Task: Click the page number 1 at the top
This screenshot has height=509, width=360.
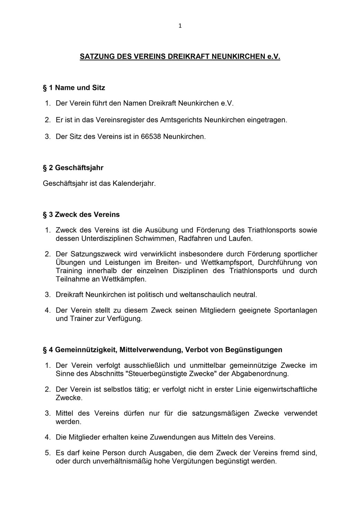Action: [180, 25]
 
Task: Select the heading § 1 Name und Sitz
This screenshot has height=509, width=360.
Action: [74, 88]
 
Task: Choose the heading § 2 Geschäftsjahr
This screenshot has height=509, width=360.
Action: [73, 168]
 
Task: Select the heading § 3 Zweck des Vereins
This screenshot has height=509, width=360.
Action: [81, 215]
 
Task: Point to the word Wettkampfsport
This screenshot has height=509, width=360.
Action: [228, 263]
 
